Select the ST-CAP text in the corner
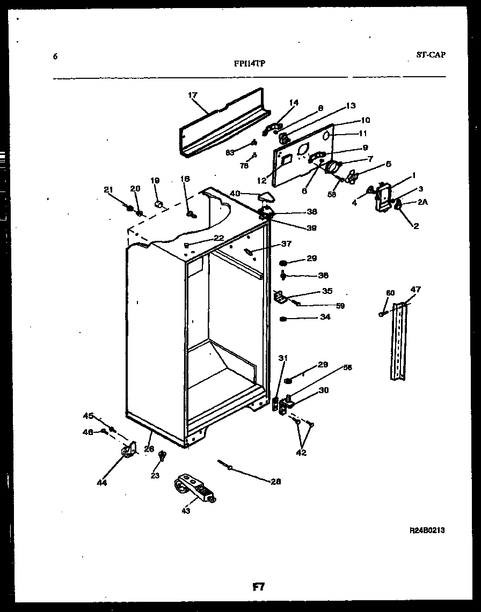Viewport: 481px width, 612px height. (430, 54)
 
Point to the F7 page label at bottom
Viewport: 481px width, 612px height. (259, 587)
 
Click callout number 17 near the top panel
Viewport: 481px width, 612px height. (193, 95)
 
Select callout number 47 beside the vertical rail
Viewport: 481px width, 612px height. (416, 290)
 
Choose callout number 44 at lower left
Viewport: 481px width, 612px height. (102, 482)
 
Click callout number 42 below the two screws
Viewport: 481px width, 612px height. (301, 452)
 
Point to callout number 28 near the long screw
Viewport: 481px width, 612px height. (275, 481)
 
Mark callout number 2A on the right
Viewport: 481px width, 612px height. (422, 202)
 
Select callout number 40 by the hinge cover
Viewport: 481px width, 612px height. (235, 193)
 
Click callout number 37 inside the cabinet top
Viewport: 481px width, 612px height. (286, 244)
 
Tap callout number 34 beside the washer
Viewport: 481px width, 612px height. (325, 317)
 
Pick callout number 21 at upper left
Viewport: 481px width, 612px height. (108, 189)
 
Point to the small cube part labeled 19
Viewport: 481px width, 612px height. (159, 204)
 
